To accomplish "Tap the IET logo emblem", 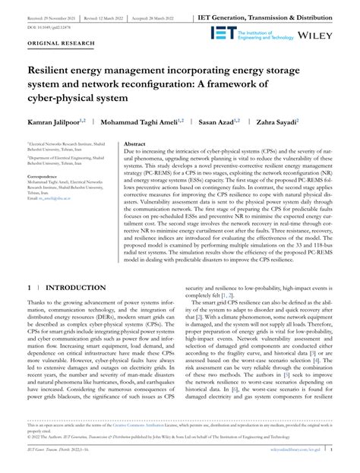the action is click(229, 32).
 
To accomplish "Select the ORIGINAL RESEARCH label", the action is click(55, 45).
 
